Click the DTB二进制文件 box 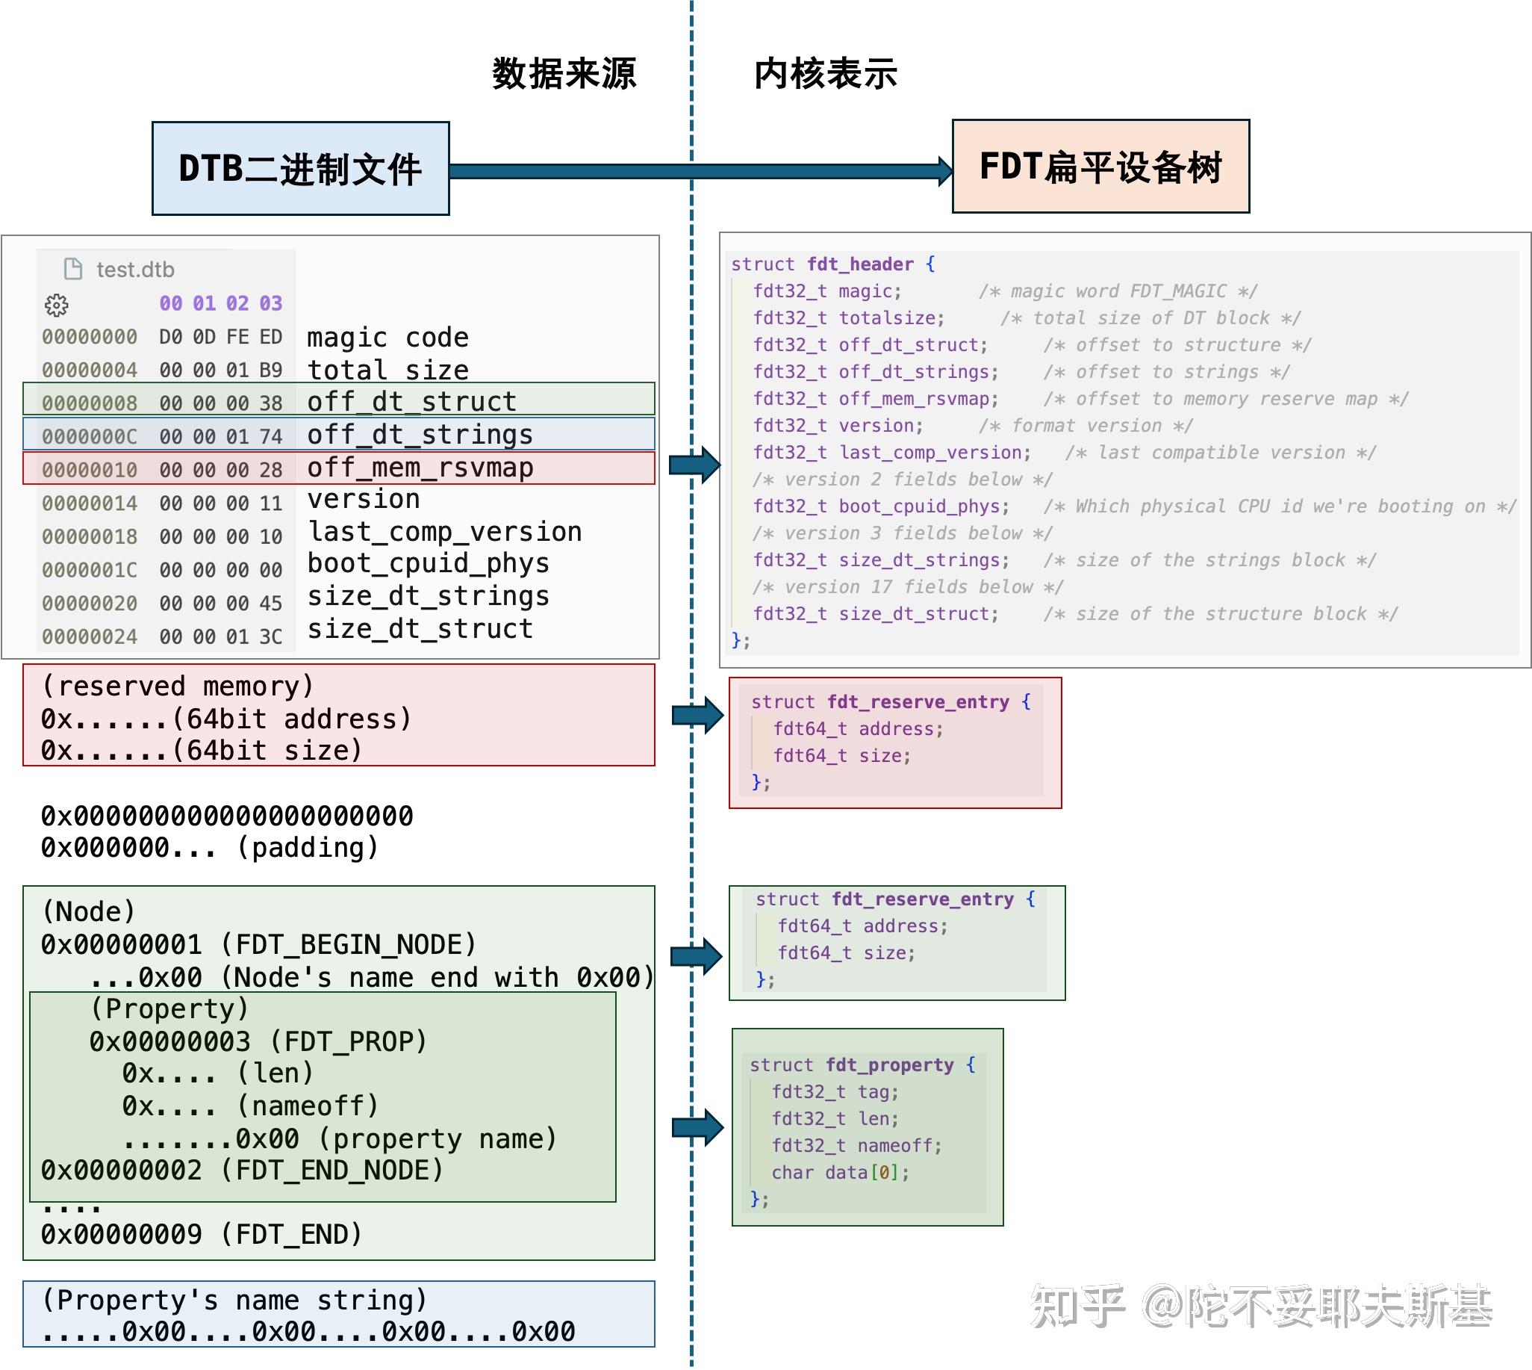point(300,169)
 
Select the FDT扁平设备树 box point(1100,167)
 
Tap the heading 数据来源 point(564,74)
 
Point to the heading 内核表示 point(826,74)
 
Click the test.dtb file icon point(73,269)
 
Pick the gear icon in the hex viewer point(57,305)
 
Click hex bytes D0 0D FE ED point(220,336)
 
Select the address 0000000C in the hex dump point(90,436)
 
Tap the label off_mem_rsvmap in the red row point(420,468)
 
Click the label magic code point(387,337)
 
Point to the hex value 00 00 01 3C point(220,637)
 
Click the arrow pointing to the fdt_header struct point(694,465)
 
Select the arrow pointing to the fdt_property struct point(697,1127)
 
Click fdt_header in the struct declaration point(860,264)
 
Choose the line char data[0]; point(840,1172)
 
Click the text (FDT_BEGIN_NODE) point(349,944)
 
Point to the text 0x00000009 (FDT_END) point(202,1234)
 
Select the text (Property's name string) point(234,1300)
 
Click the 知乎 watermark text point(1077,1307)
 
